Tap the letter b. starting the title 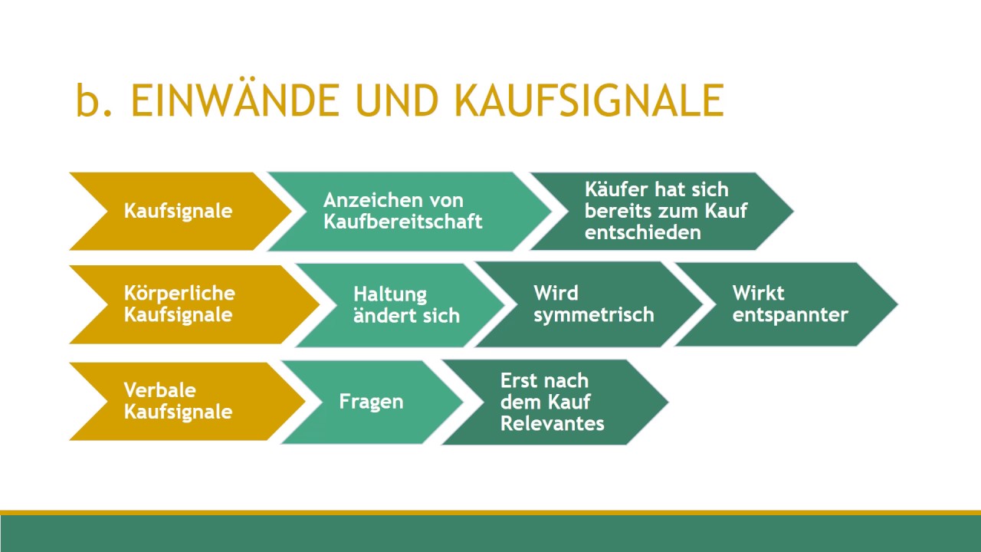(95, 100)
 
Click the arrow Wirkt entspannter (789, 304)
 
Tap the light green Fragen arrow (371, 402)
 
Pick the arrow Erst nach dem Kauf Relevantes (552, 402)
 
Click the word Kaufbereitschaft (402, 222)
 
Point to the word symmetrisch (593, 314)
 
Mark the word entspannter (789, 314)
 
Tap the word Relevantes (552, 422)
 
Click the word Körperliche (179, 294)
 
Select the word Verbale (159, 390)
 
